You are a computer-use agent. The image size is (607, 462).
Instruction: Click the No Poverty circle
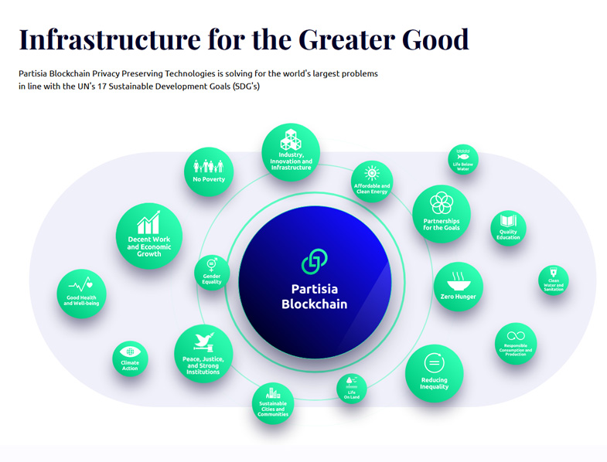[x=209, y=172]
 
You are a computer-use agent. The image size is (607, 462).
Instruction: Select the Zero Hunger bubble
[x=459, y=287]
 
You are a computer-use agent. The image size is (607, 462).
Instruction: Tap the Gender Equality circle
[x=212, y=272]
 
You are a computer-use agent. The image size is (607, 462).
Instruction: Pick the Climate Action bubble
[x=130, y=359]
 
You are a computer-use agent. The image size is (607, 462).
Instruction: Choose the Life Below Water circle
[x=463, y=160]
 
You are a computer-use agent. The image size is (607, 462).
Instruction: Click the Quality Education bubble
[x=508, y=228]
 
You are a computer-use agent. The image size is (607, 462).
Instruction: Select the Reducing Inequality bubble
[x=434, y=373]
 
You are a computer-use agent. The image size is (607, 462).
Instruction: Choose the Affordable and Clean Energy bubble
[x=372, y=181]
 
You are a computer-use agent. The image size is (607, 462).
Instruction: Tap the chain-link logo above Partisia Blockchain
[x=314, y=261]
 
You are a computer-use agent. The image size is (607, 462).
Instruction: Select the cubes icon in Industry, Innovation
[x=291, y=141]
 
